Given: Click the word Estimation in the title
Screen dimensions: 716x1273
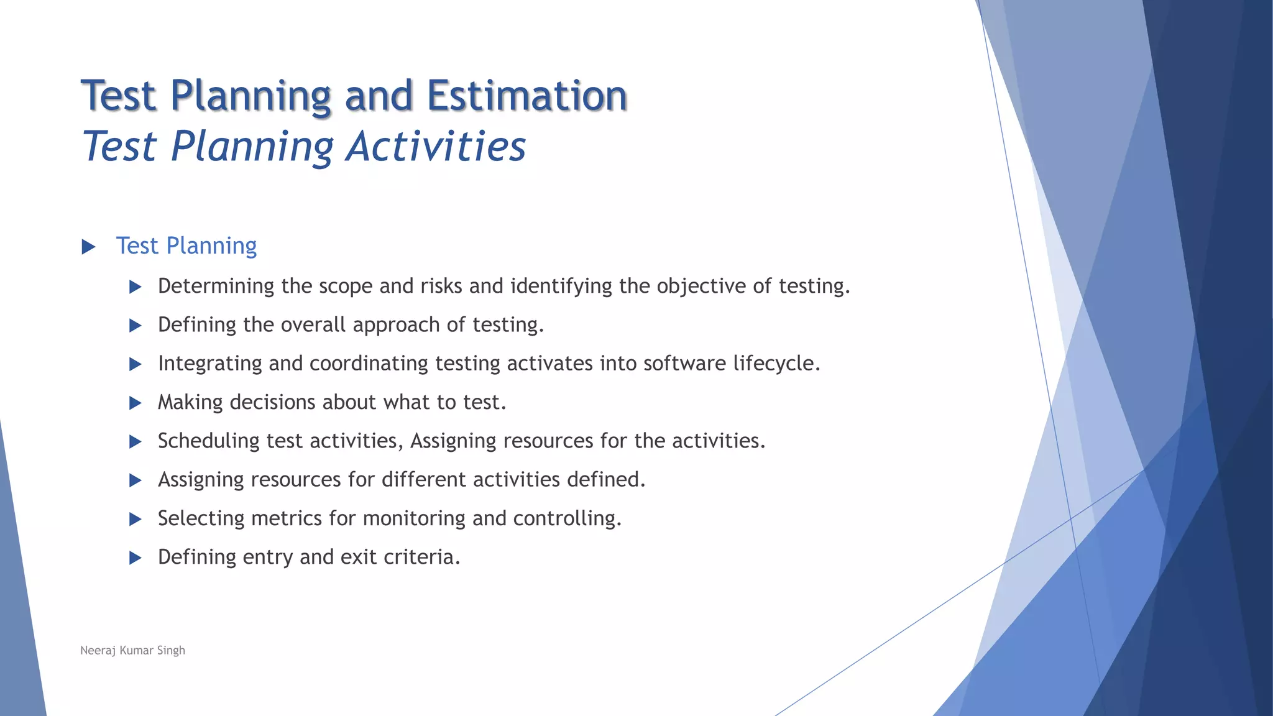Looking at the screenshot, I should [x=526, y=96].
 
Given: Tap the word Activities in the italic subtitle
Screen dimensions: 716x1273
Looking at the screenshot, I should [x=436, y=147].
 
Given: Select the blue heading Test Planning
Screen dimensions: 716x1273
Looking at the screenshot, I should [x=186, y=246].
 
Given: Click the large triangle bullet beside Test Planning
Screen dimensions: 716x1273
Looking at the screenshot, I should [x=88, y=247].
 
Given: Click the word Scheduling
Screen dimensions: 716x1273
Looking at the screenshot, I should [x=208, y=441].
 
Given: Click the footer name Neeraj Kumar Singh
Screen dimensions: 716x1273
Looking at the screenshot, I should [x=132, y=650].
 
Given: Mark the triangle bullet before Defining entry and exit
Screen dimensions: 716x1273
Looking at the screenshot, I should [x=135, y=558].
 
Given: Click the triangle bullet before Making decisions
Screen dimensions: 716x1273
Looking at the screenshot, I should [x=135, y=403].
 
